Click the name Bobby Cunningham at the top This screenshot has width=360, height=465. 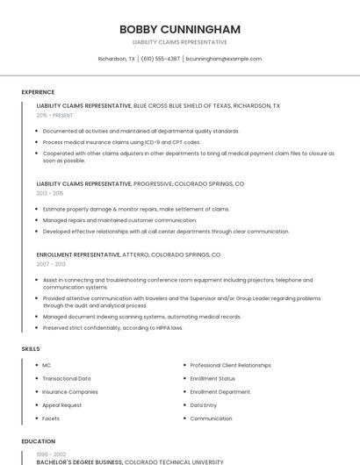coord(179,29)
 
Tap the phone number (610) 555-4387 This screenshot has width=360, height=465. coord(161,59)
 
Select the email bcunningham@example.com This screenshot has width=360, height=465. coord(224,59)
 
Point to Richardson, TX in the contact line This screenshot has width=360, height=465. coord(116,59)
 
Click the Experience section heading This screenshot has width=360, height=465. coord(38,92)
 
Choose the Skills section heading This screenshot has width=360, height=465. coord(31,349)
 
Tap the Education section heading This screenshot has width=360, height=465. coord(39,441)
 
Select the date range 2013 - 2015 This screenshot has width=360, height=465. coord(50,193)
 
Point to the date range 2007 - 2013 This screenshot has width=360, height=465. coord(51,263)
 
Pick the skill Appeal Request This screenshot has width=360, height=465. coord(61,405)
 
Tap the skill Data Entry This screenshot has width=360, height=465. coord(203,405)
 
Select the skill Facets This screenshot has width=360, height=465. coord(51,418)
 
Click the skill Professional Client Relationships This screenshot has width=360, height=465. coord(230,365)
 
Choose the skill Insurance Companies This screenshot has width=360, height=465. coord(69,391)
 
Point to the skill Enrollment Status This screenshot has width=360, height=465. coord(212,378)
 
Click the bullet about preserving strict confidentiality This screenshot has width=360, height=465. coord(112,327)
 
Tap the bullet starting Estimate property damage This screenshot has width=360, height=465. coord(135,209)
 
